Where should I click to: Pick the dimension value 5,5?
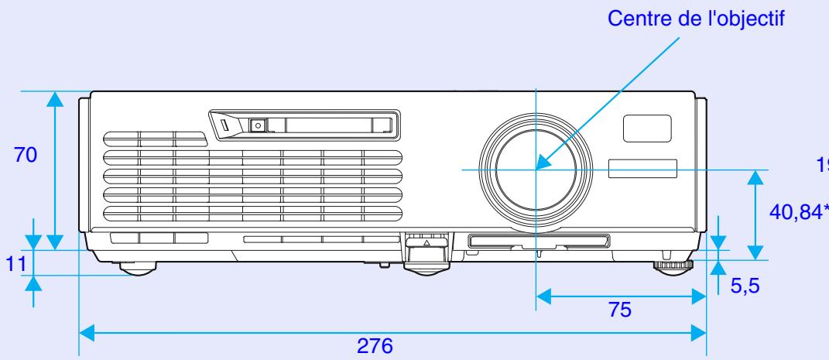(x=747, y=287)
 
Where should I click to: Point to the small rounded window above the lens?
(x=647, y=127)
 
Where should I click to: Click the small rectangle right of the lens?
(x=642, y=170)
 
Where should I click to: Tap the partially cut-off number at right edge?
(x=823, y=164)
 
